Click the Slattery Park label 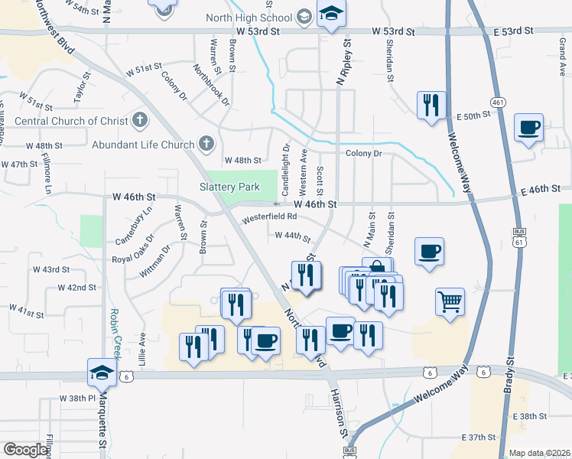pyautogui.click(x=229, y=187)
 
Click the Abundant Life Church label pyautogui.click(x=143, y=144)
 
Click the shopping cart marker pyautogui.click(x=450, y=300)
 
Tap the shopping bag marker pyautogui.click(x=377, y=269)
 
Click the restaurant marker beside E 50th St pyautogui.click(x=431, y=104)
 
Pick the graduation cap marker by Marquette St pyautogui.click(x=102, y=372)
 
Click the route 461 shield pyautogui.click(x=498, y=102)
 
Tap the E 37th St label pyautogui.click(x=483, y=436)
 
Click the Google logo pyautogui.click(x=24, y=450)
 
